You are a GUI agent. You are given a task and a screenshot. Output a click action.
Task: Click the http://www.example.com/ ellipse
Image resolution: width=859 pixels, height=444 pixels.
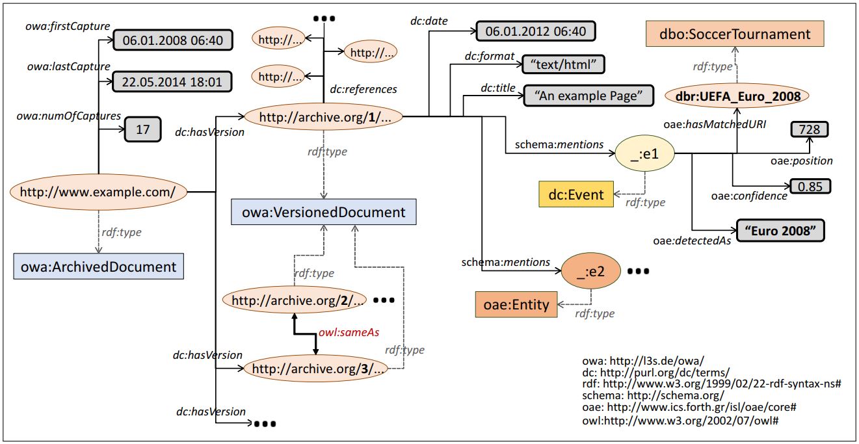[98, 192]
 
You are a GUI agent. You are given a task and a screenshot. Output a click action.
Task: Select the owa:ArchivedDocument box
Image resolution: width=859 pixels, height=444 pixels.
[99, 266]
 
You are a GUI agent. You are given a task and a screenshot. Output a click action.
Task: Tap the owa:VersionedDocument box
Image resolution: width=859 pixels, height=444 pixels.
[324, 212]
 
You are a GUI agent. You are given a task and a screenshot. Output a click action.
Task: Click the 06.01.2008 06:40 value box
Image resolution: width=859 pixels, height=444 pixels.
[173, 40]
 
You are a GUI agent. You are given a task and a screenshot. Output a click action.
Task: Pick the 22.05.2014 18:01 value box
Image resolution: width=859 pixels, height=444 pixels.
[172, 82]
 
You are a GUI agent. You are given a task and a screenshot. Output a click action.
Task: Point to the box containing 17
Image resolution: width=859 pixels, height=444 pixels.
[143, 129]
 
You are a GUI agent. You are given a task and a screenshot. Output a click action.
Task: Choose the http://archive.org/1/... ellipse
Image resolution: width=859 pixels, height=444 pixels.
[324, 117]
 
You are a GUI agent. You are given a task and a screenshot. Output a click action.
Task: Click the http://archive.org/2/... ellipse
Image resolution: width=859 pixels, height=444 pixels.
[295, 300]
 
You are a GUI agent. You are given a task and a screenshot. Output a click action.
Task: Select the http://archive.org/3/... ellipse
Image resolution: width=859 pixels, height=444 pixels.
[316, 369]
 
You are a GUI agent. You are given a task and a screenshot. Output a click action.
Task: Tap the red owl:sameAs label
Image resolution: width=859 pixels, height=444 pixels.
[349, 332]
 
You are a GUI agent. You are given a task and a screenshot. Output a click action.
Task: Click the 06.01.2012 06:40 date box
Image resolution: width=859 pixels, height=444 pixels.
[536, 31]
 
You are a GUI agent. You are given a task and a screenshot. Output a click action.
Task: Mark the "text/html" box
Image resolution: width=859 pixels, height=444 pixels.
[563, 64]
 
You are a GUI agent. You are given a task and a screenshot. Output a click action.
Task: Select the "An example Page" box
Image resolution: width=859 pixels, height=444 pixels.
[588, 96]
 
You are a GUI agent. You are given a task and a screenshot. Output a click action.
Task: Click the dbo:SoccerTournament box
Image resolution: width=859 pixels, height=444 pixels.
[735, 34]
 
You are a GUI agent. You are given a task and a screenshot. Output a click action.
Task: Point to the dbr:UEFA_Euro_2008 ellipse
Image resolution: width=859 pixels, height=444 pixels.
[737, 96]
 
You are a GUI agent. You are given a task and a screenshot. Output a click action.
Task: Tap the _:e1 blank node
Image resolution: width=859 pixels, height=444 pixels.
[644, 154]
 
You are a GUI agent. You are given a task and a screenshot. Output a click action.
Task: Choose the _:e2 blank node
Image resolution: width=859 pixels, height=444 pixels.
[590, 272]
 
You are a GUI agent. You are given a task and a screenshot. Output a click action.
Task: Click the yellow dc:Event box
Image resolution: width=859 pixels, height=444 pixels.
[576, 194]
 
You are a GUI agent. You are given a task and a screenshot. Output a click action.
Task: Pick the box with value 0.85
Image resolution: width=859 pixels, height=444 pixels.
[810, 187]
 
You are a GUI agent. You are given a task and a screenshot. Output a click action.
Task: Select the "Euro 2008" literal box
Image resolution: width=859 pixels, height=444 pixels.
[780, 231]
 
